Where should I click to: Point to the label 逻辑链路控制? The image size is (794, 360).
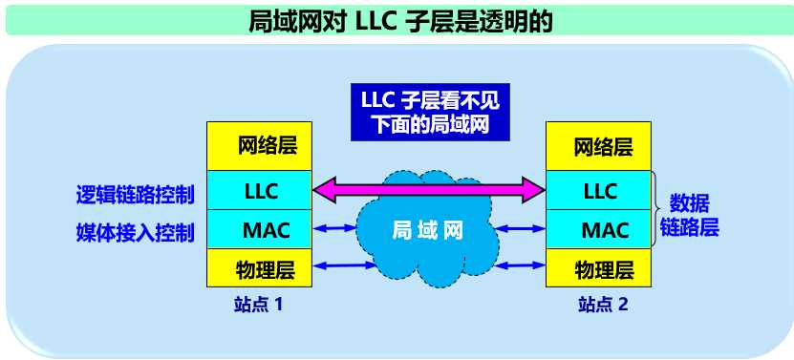pos(136,195)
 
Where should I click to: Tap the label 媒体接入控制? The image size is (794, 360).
pos(136,231)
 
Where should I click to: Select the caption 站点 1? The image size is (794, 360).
pos(258,306)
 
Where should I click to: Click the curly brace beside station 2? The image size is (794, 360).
pos(657,210)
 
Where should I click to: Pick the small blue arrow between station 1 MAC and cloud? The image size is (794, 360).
pos(334,228)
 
